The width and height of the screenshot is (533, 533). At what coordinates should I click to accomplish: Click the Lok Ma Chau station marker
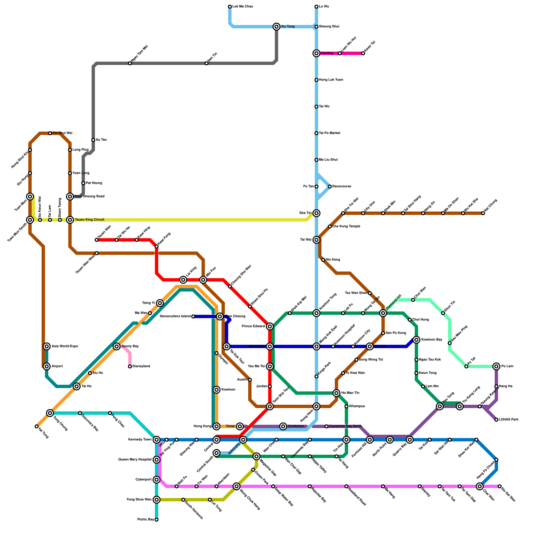coord(230,7)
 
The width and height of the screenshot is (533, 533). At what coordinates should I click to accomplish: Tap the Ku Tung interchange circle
coord(276,27)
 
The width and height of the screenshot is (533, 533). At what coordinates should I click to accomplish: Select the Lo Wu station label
coord(324,7)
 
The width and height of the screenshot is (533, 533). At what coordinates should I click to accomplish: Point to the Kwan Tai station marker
coord(363,53)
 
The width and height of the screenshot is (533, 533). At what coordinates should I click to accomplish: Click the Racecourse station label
coord(341,187)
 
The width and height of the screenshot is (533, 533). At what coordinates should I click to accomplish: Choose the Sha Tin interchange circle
coord(316,213)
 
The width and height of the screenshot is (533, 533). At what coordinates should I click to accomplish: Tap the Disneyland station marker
coord(130,366)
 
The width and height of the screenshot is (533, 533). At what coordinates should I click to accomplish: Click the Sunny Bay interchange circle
coord(117,346)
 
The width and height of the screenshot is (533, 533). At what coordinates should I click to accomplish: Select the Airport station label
coord(57,366)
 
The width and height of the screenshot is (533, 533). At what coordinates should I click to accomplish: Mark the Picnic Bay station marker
coord(157,520)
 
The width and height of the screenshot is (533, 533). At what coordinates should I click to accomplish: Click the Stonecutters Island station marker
coord(193,316)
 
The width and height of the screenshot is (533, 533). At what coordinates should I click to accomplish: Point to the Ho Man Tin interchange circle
coord(336,393)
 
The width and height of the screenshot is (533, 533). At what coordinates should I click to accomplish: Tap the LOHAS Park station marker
coord(496,420)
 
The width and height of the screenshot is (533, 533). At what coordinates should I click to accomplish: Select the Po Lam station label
coord(507,366)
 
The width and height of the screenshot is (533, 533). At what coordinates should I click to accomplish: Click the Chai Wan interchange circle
coord(480,486)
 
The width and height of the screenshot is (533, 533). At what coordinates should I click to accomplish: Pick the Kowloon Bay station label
coord(432,340)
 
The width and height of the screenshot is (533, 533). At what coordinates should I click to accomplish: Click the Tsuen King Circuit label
coord(90,220)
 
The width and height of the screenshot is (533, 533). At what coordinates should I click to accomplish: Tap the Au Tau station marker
coord(93,140)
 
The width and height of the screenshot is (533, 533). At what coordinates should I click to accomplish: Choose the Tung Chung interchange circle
coord(50,413)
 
